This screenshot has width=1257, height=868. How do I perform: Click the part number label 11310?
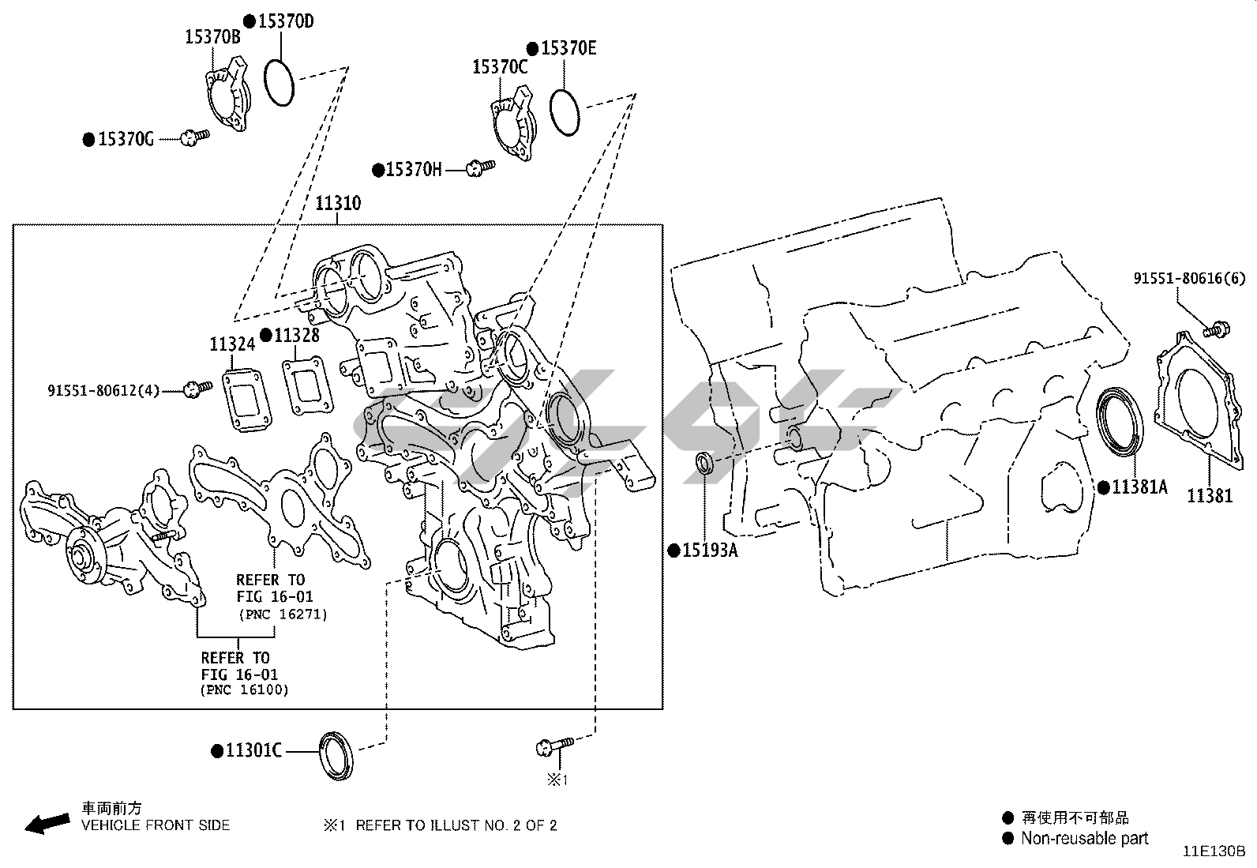coord(338,203)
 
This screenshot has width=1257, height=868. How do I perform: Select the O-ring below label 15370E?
coord(564,112)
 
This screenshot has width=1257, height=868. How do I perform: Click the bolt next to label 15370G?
coord(195,137)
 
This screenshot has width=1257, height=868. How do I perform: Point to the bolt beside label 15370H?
coord(481,167)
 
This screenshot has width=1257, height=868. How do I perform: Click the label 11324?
coord(232,344)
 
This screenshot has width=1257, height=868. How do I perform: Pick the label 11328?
coord(297,335)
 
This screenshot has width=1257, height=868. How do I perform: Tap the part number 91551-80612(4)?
coord(103,390)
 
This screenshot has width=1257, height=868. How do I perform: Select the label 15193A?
coord(710,550)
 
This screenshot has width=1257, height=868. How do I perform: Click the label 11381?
coord(1210,496)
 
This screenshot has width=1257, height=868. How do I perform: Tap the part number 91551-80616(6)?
coord(1189,279)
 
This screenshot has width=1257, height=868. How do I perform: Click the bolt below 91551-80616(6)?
coord(1216,329)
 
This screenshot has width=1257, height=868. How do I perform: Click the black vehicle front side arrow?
coord(47,823)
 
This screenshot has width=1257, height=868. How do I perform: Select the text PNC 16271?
coord(283,614)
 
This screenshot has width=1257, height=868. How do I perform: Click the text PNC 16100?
coord(245,690)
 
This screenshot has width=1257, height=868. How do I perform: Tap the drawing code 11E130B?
coord(1214,851)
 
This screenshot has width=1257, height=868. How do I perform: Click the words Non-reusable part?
coord(1084,838)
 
